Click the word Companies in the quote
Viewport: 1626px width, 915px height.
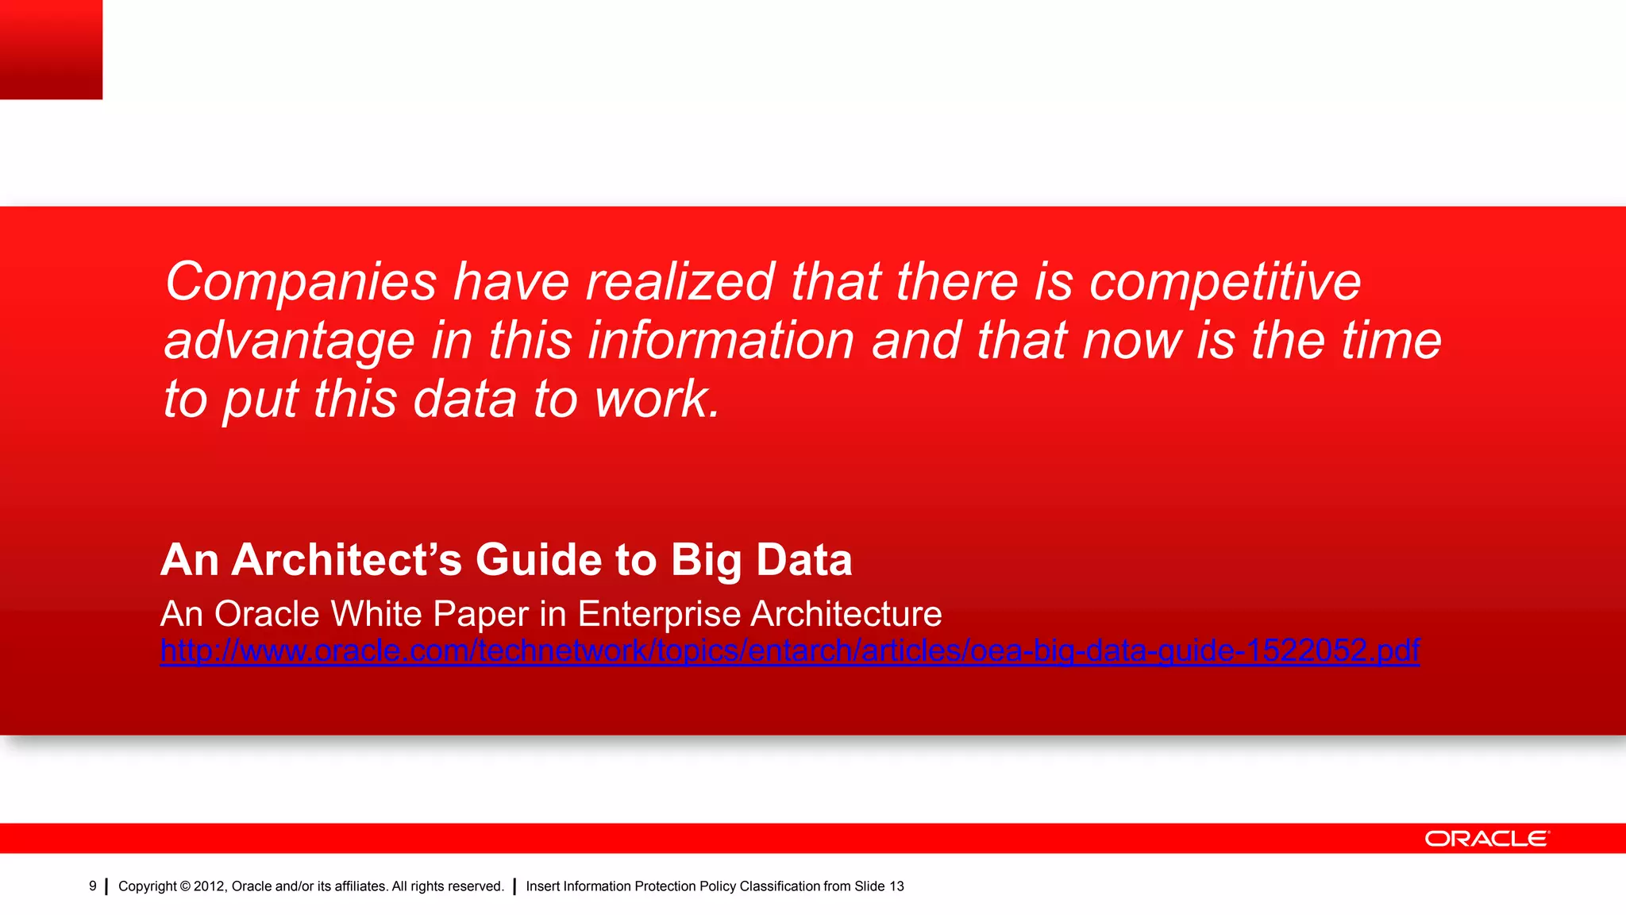pos(300,283)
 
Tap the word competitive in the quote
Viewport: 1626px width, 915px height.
pos(1224,283)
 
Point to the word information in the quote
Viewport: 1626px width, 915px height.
pos(721,340)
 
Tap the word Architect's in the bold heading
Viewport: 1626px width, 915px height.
pos(346,560)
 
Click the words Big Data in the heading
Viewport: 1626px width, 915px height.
pos(761,560)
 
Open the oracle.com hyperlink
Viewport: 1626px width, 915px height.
pos(789,651)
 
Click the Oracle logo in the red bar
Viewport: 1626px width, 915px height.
pos(1486,839)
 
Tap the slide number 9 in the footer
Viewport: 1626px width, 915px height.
pos(93,886)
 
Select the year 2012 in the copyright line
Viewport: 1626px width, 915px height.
pos(210,886)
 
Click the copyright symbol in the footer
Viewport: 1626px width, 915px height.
pos(185,886)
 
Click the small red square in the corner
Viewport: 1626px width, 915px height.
pos(51,49)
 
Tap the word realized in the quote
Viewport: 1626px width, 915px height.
pos(680,283)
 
